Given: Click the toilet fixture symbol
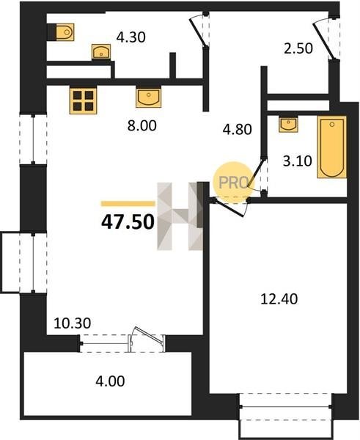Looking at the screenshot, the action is (x=65, y=32).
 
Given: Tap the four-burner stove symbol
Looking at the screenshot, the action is (x=83, y=100).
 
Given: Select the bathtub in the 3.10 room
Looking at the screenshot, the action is (x=331, y=147).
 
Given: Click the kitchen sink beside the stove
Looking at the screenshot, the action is (x=148, y=98).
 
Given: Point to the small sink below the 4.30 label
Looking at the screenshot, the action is (x=101, y=51).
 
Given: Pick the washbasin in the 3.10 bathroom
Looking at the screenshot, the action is (x=288, y=125).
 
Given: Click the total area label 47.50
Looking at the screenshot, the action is (x=128, y=222).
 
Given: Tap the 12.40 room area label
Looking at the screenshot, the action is (x=279, y=299).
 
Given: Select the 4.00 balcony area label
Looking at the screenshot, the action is (x=110, y=381).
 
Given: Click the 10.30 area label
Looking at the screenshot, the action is (x=72, y=323).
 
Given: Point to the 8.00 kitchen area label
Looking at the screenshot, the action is (x=142, y=125).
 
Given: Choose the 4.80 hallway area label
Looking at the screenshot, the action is (x=237, y=129).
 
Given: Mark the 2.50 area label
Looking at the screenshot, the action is (x=298, y=48).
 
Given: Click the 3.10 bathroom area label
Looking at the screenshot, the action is (x=297, y=161).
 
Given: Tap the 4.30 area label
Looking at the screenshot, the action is (x=131, y=37).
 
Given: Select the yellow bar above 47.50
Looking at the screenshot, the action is (x=128, y=203).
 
